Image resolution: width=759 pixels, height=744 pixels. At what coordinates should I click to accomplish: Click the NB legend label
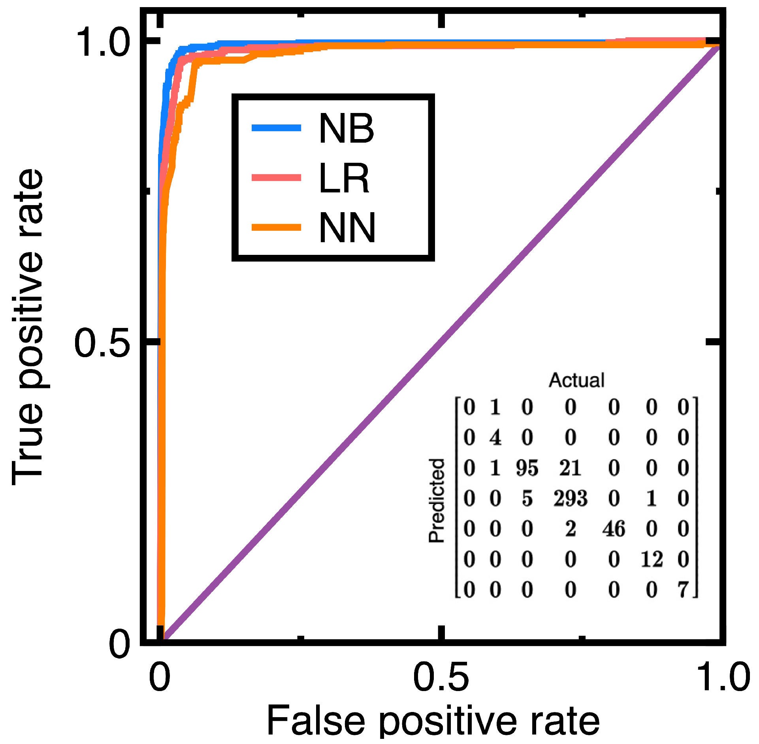[346, 128]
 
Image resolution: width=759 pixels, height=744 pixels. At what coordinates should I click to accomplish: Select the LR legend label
[344, 178]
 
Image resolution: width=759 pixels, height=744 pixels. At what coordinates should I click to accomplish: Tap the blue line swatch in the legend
[277, 128]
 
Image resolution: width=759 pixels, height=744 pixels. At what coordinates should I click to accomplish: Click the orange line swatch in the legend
[277, 227]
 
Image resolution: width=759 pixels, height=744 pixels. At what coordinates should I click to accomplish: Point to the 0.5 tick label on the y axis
[102, 343]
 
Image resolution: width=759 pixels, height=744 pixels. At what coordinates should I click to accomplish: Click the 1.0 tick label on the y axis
[102, 43]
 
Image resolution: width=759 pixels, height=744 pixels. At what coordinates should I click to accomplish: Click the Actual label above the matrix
[576, 380]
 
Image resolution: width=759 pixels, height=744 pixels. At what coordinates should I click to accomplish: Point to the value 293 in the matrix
[570, 498]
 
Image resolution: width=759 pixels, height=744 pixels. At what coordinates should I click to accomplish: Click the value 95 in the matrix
[527, 468]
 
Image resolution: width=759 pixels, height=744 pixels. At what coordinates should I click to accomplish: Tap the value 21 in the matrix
[570, 468]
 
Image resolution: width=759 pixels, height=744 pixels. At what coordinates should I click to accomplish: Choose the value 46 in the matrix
[614, 529]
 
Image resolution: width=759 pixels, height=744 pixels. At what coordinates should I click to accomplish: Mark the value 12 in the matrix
[652, 559]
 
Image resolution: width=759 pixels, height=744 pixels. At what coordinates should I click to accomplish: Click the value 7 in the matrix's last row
[684, 590]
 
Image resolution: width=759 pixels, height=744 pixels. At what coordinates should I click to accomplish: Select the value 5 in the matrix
[527, 498]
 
